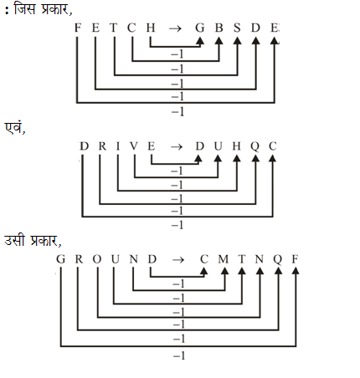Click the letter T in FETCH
(113, 28)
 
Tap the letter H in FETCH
(151, 28)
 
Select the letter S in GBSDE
(237, 28)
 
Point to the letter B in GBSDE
(219, 28)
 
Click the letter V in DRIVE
(134, 146)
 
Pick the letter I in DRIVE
(118, 146)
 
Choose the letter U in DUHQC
(218, 146)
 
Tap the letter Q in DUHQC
(255, 146)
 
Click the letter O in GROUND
(97, 259)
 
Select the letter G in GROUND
(60, 259)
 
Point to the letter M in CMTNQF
(224, 259)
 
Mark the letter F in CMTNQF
(295, 259)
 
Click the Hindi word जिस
(25, 9)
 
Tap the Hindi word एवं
(14, 128)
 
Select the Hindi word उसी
(14, 240)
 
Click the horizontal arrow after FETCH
(175, 28)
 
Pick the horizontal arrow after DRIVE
(177, 147)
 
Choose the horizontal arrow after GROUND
(178, 260)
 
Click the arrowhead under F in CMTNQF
(296, 271)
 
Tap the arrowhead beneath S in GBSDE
(238, 41)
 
